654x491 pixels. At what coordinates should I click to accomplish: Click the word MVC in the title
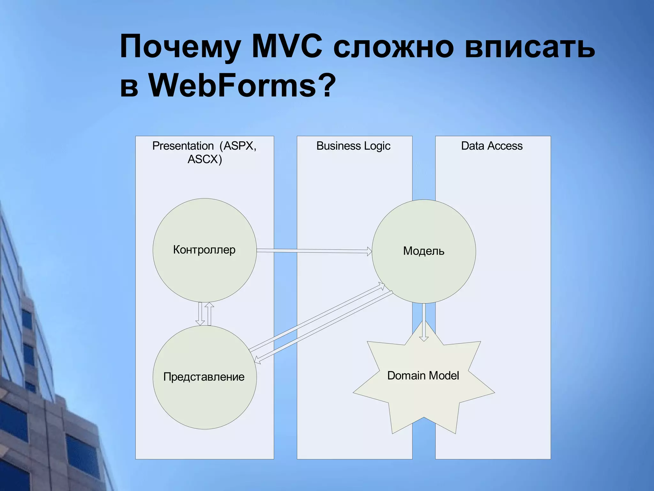tap(286, 47)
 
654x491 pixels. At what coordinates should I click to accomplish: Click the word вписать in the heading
tap(529, 47)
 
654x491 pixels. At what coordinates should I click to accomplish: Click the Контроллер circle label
tap(204, 250)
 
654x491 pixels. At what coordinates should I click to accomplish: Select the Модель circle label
tap(424, 251)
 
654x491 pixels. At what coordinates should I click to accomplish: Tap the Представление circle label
tap(204, 377)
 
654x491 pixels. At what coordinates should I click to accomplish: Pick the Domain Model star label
tap(423, 376)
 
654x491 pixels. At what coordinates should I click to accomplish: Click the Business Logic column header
tap(353, 146)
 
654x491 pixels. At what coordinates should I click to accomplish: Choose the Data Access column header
tap(492, 146)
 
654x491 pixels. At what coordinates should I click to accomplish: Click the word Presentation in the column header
tap(183, 146)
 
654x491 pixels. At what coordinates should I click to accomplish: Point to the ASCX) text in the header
tap(205, 159)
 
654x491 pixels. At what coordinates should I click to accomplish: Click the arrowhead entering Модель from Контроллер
tap(369, 252)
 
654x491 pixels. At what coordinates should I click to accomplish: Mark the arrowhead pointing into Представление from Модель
tap(257, 361)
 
